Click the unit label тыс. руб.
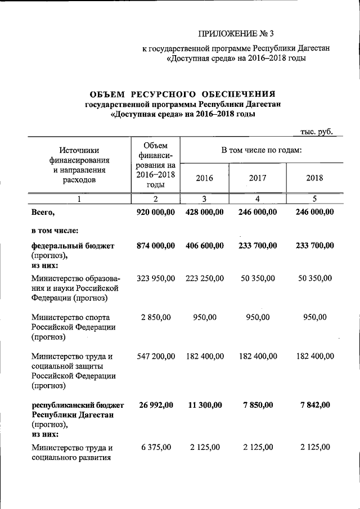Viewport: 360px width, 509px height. (317, 131)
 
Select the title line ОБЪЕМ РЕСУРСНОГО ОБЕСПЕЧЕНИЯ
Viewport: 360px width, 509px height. (183, 94)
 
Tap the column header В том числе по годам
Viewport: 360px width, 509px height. (262, 150)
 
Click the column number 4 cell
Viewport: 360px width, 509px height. (257, 199)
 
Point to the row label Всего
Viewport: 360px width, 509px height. (43, 212)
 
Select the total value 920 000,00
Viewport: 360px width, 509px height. (156, 212)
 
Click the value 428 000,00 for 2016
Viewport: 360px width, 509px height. (204, 212)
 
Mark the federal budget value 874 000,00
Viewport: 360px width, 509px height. (156, 246)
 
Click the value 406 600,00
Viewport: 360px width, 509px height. (204, 246)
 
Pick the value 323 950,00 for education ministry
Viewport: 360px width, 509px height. (156, 278)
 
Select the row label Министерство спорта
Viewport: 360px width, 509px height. (70, 317)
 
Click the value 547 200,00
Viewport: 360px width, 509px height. (156, 356)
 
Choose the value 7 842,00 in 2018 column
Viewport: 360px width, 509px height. (316, 405)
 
